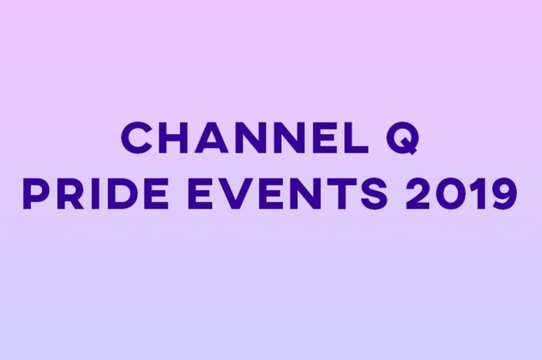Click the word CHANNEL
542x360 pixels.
[x=245, y=137]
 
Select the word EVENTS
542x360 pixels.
[x=287, y=194]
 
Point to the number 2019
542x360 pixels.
[x=462, y=194]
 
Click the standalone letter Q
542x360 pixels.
[x=403, y=138]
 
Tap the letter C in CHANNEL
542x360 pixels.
[x=136, y=137]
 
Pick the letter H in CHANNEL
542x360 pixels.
[x=173, y=137]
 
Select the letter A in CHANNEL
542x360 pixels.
[x=211, y=137]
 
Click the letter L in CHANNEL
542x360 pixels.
[x=357, y=137]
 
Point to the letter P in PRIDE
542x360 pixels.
[x=36, y=194]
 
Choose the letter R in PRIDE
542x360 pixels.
[x=69, y=194]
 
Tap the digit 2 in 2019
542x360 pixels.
[x=418, y=194]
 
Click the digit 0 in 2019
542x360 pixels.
[x=451, y=194]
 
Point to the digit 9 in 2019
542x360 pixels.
[x=503, y=194]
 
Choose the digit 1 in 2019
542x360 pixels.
[x=478, y=194]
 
